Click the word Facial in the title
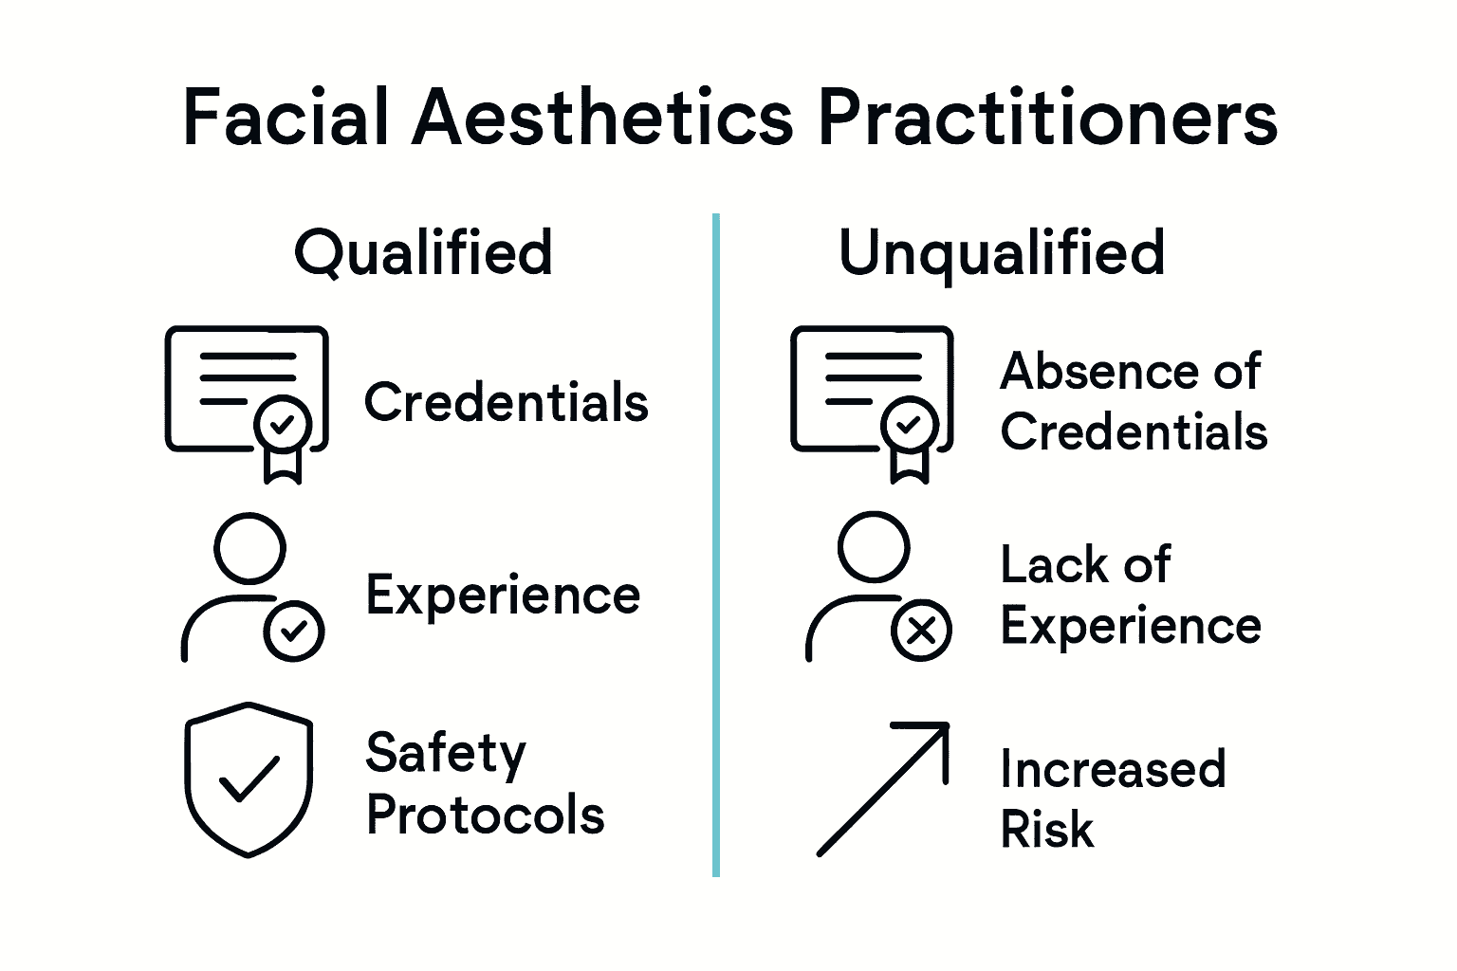[286, 118]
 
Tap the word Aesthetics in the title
[602, 118]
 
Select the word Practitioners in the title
[1047, 118]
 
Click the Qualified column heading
[423, 253]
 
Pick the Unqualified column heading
[1002, 253]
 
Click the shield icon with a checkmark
[249, 779]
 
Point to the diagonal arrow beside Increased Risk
[883, 788]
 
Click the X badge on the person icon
[921, 631]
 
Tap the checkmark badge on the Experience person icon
[294, 631]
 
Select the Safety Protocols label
[485, 784]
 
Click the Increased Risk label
[1113, 798]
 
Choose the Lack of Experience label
[1131, 595]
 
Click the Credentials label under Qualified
[507, 402]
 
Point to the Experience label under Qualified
[503, 595]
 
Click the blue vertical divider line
[716, 545]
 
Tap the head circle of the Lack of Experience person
[874, 547]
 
